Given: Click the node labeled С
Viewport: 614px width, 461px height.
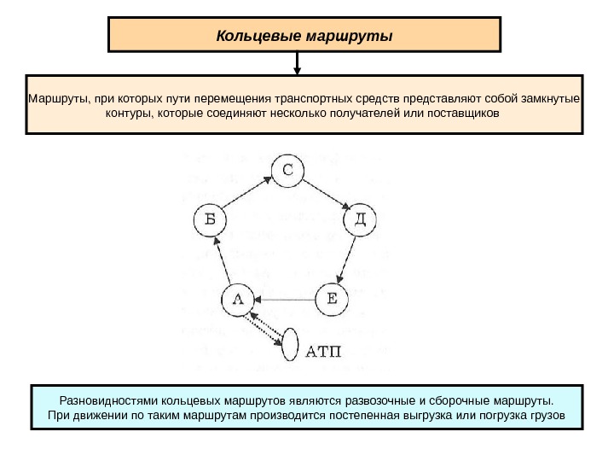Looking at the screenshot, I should (288, 170).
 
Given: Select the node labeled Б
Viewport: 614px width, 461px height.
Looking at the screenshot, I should (211, 221).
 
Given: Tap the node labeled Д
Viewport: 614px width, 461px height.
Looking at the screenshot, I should (360, 221).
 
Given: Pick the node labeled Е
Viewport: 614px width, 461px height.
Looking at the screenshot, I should (332, 299).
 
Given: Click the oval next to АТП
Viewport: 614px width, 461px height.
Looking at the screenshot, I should (292, 347).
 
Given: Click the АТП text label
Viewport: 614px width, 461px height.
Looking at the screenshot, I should (323, 349).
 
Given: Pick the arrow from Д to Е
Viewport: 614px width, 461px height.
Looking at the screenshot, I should (347, 260).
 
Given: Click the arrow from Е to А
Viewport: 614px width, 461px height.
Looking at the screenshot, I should (285, 300).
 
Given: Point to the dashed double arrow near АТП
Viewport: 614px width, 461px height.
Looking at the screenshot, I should (264, 328).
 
